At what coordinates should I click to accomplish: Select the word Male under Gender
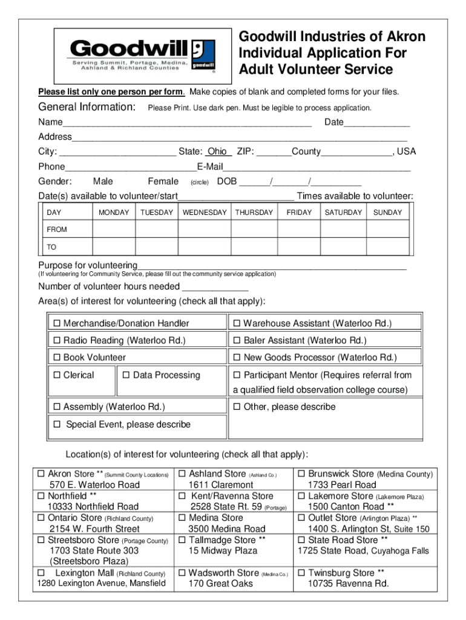(103, 181)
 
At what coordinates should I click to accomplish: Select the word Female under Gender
(163, 181)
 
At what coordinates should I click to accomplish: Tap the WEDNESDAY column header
(205, 213)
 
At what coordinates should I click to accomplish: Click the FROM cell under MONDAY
(114, 229)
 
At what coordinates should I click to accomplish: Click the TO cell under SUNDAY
(387, 247)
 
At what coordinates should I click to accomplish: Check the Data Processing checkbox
(126, 375)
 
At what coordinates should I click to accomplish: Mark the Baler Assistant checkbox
(237, 341)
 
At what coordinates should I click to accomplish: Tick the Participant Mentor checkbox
(237, 375)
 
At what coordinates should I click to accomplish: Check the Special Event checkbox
(57, 424)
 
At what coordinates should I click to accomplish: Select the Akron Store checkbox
(42, 474)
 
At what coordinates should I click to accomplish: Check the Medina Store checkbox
(181, 518)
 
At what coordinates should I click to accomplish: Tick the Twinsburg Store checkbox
(301, 573)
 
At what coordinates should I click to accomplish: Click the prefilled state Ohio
(217, 151)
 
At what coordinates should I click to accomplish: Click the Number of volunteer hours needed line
(215, 286)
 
